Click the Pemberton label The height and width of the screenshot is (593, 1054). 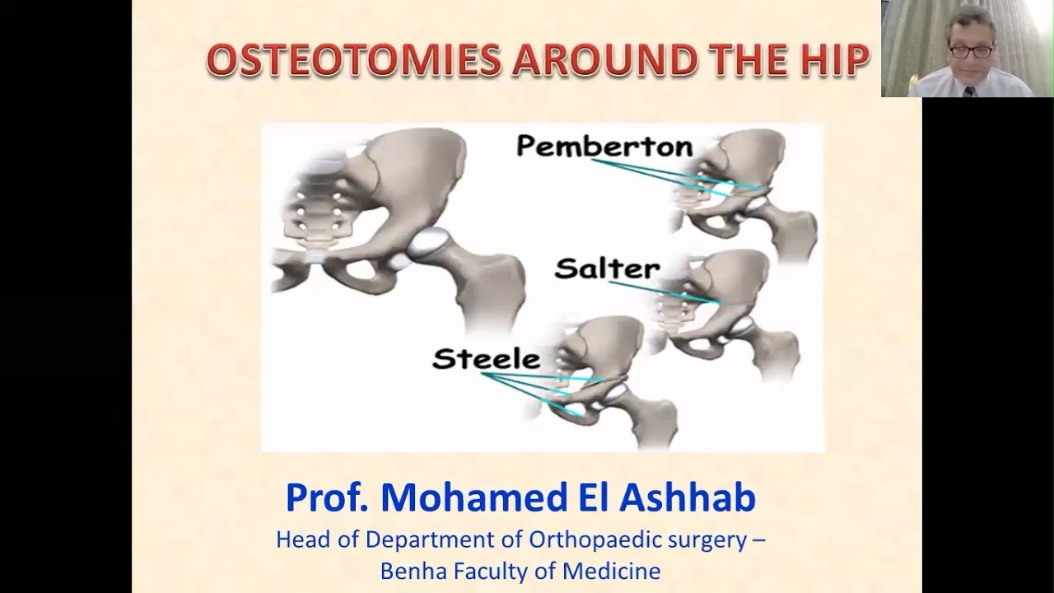click(604, 147)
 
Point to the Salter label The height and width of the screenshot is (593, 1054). click(607, 268)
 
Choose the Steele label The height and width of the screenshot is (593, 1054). click(486, 359)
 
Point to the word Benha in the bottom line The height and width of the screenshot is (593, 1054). click(406, 570)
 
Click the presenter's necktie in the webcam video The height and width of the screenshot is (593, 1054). click(969, 91)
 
